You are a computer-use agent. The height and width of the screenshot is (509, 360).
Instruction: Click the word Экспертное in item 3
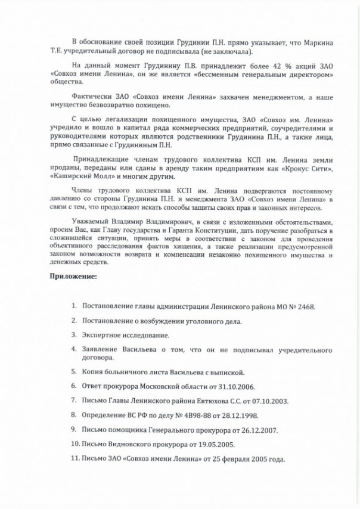(x=105, y=336)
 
